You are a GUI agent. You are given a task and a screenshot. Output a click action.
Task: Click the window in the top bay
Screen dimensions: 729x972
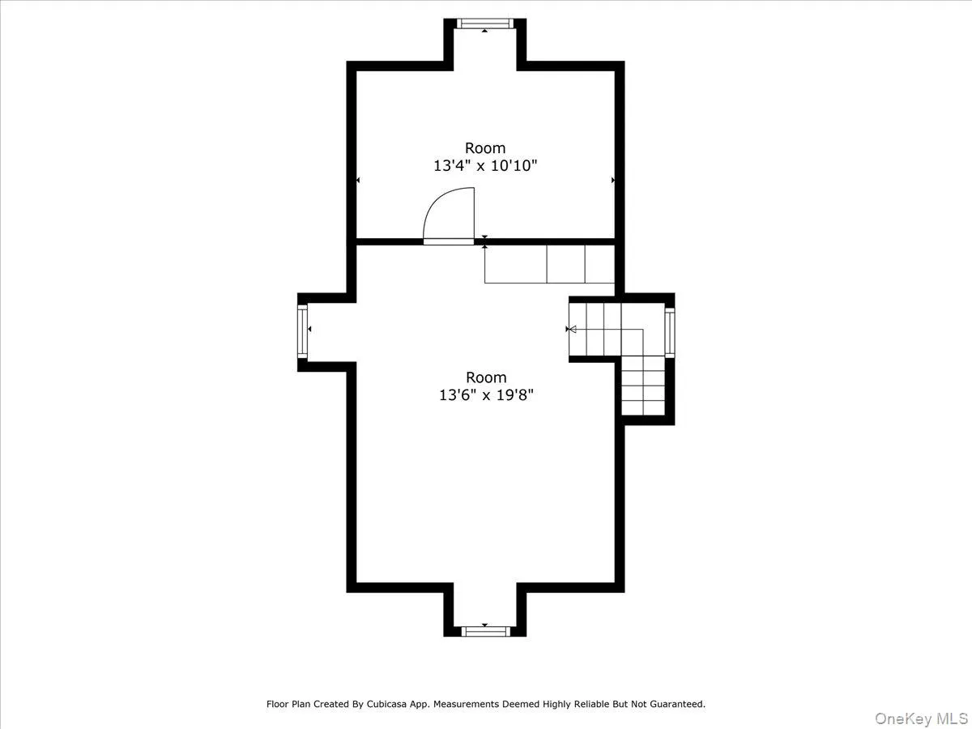click(x=484, y=23)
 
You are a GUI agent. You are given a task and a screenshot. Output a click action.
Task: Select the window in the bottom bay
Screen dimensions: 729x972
click(x=484, y=631)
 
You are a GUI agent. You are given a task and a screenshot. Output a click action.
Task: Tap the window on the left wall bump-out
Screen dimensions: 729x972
click(x=303, y=331)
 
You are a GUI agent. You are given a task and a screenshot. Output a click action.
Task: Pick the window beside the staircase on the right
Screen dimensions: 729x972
click(x=669, y=333)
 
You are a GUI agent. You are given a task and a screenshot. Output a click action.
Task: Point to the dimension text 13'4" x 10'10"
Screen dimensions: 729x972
click(x=485, y=166)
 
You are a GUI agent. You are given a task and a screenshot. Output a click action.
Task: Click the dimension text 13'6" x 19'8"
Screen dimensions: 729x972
click(x=485, y=395)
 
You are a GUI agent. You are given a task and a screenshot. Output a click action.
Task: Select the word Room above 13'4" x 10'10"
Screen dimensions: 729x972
click(x=485, y=148)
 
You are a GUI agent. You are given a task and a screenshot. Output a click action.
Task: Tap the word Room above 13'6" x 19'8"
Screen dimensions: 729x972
click(x=485, y=377)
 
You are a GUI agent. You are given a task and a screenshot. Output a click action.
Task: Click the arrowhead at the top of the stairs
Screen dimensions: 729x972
click(x=570, y=330)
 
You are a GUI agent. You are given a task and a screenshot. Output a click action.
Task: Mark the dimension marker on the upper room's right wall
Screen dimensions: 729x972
click(x=612, y=180)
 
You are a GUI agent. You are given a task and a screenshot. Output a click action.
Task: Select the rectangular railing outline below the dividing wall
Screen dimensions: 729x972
click(x=549, y=263)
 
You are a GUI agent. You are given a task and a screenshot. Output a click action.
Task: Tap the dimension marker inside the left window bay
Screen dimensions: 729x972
click(x=310, y=330)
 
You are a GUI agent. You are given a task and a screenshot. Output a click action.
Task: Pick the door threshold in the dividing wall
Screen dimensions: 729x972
click(x=449, y=241)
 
